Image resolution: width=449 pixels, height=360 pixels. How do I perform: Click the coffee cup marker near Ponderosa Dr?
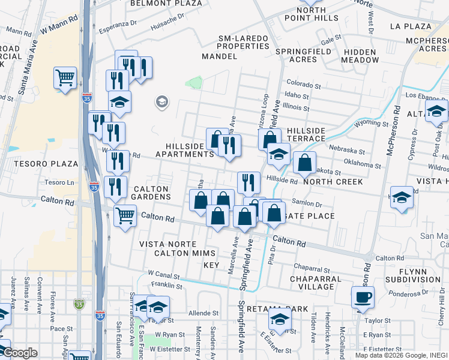pyautogui.click(x=363, y=296)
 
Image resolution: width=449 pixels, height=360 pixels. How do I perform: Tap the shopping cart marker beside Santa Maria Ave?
pyautogui.click(x=65, y=77)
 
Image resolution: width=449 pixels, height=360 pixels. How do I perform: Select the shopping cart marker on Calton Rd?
pyautogui.click(x=125, y=214)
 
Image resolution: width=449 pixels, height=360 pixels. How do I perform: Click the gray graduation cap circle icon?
pyautogui.click(x=161, y=103)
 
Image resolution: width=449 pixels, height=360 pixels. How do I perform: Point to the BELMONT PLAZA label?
pyautogui.click(x=158, y=3)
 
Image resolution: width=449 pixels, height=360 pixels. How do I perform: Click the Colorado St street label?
pyautogui.click(x=301, y=83)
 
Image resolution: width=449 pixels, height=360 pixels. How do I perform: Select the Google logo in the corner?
pyautogui.click(x=20, y=353)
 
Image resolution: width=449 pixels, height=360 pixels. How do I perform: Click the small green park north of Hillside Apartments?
pyautogui.click(x=193, y=83)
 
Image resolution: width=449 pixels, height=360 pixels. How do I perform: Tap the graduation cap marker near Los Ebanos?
pyautogui.click(x=436, y=110)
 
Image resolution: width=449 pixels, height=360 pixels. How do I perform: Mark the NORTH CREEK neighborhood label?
pyautogui.click(x=333, y=182)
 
